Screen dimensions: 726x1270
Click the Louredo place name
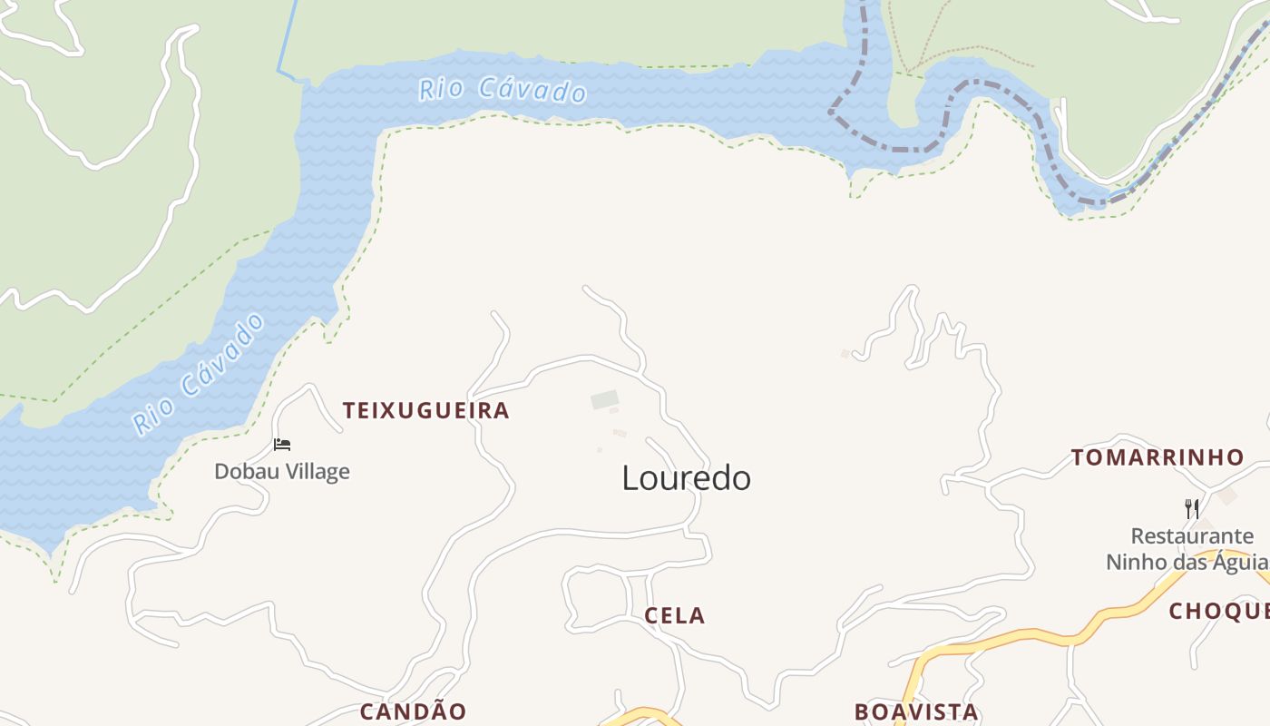point(686,478)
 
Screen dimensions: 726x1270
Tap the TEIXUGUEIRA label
point(425,411)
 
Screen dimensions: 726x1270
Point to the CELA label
point(674,616)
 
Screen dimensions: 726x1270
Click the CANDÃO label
point(413,711)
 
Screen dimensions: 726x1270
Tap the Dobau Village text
point(282,472)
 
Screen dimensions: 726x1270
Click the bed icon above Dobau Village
point(282,445)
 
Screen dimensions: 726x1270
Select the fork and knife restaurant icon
point(1192,509)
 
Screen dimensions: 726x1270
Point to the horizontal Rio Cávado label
point(502,90)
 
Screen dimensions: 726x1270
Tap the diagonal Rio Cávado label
point(199,374)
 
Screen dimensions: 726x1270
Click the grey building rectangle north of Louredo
point(604,399)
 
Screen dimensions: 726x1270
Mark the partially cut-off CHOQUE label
point(1218,612)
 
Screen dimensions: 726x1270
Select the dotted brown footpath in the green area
point(971,49)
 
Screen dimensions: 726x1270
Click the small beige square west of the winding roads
point(845,354)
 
